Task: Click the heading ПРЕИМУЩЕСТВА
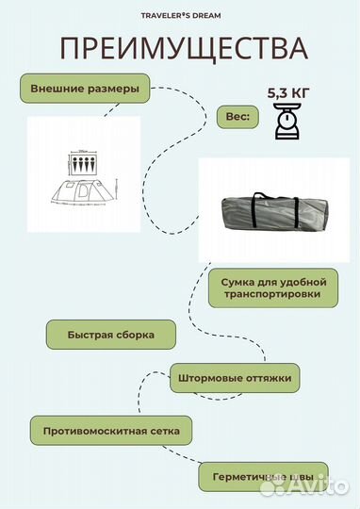click(184, 49)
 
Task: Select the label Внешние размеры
click(85, 89)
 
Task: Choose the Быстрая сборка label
click(110, 335)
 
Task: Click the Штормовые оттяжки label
click(235, 379)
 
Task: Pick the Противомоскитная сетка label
click(110, 430)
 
